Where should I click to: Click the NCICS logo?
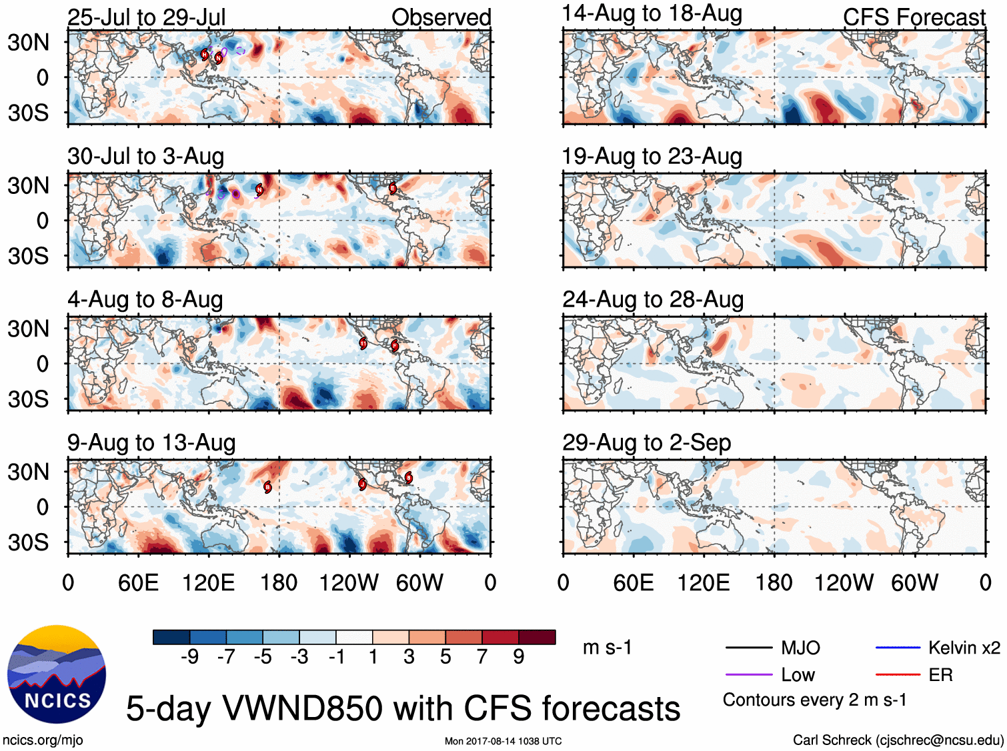57,674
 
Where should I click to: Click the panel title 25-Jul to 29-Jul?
146,17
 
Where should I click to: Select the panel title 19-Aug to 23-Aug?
652,157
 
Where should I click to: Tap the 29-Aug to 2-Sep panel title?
646,442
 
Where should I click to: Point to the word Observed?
441,17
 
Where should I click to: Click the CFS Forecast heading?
914,17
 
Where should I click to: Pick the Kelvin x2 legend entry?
964,648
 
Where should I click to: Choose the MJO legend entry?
800,648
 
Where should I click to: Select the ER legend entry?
940,675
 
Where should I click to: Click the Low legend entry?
798,675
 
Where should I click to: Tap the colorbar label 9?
519,657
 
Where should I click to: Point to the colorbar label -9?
189,657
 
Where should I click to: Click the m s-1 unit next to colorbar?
607,647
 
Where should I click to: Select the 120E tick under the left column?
208,583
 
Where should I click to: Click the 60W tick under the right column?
914,583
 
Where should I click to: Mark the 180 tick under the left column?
279,583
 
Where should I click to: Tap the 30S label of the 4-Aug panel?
28,399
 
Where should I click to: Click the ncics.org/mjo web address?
43,740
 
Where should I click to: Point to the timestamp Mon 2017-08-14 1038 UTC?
503,741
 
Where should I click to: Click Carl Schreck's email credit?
898,740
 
